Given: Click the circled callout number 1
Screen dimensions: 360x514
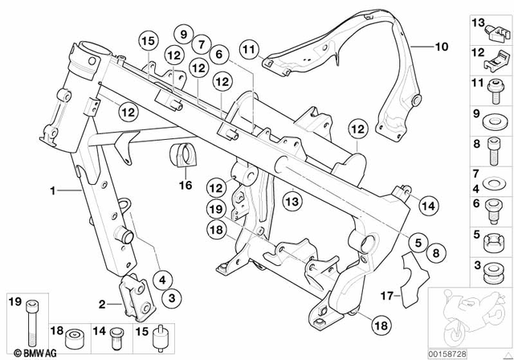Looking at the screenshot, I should (x=53, y=191).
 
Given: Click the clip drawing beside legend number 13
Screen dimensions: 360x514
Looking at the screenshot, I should (x=499, y=31).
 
